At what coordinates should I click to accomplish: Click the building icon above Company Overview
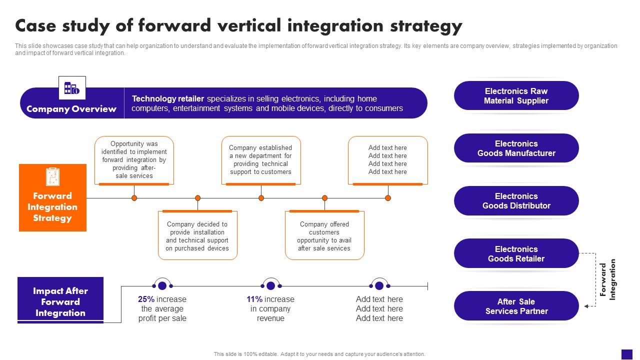[x=72, y=88]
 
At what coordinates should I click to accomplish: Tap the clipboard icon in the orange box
[x=52, y=176]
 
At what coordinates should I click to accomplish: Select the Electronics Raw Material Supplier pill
[x=516, y=96]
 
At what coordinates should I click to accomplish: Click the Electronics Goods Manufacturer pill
[x=516, y=148]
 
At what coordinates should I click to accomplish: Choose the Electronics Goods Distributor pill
[x=516, y=201]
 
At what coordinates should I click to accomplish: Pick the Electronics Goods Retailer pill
[x=516, y=253]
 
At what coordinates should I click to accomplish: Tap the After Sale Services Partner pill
[x=516, y=306]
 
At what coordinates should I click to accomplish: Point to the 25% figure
[x=146, y=299]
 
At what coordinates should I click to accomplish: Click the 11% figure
[x=254, y=299]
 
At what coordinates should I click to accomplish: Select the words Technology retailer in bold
[x=168, y=99]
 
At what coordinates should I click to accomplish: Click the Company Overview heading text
[x=71, y=109]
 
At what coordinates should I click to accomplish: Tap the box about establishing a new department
[x=261, y=160]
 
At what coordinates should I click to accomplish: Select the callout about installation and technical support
[x=197, y=236]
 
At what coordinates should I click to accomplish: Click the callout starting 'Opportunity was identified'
[x=134, y=159]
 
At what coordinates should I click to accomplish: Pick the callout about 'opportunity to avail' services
[x=324, y=236]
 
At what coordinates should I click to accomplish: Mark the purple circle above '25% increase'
[x=162, y=285]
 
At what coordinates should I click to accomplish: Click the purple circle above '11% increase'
[x=270, y=285]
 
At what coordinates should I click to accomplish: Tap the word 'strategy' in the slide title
[x=422, y=25]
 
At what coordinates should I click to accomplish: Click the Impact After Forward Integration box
[x=60, y=301]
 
